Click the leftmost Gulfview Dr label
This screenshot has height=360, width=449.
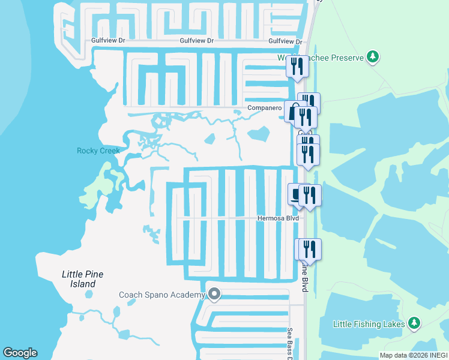coord(109,41)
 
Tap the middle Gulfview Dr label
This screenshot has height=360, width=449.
coord(197,41)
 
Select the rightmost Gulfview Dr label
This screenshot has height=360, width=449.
coord(285,41)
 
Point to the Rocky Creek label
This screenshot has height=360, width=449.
coord(98,151)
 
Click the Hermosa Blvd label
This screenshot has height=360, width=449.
coord(278,219)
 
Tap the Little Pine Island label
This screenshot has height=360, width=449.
coord(82,279)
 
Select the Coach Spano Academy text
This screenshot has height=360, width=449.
coord(162,295)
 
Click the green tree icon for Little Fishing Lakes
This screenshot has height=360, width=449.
coord(414,323)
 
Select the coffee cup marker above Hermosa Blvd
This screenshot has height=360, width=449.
coord(295,194)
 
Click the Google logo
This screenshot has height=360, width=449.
coord(20,353)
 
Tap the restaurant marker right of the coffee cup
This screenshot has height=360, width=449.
coord(310,196)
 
